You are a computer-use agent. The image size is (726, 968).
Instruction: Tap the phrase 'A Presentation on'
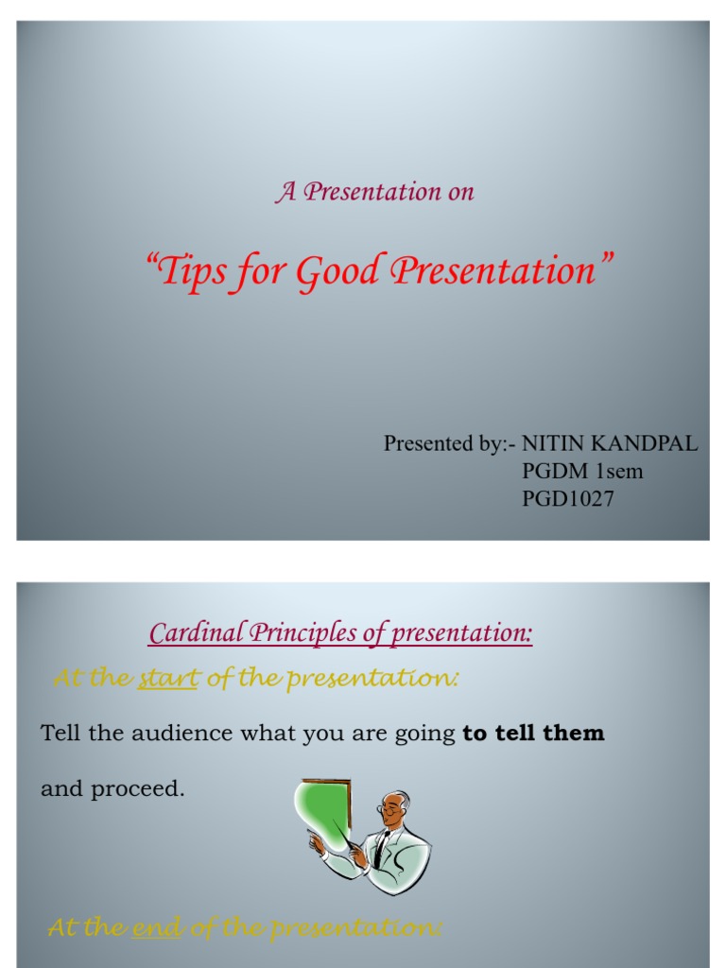[x=374, y=192]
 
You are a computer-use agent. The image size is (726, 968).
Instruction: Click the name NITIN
[x=554, y=444]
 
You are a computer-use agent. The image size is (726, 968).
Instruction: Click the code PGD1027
[x=568, y=499]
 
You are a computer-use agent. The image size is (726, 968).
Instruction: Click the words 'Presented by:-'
[x=450, y=444]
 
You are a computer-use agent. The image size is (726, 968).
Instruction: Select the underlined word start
[x=167, y=679]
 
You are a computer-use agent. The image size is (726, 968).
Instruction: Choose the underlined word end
[x=158, y=929]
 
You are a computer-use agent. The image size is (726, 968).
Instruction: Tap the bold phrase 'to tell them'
[x=533, y=734]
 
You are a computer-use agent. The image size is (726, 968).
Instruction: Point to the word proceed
[x=136, y=789]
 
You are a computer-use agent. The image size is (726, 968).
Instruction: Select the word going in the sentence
[x=425, y=734]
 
